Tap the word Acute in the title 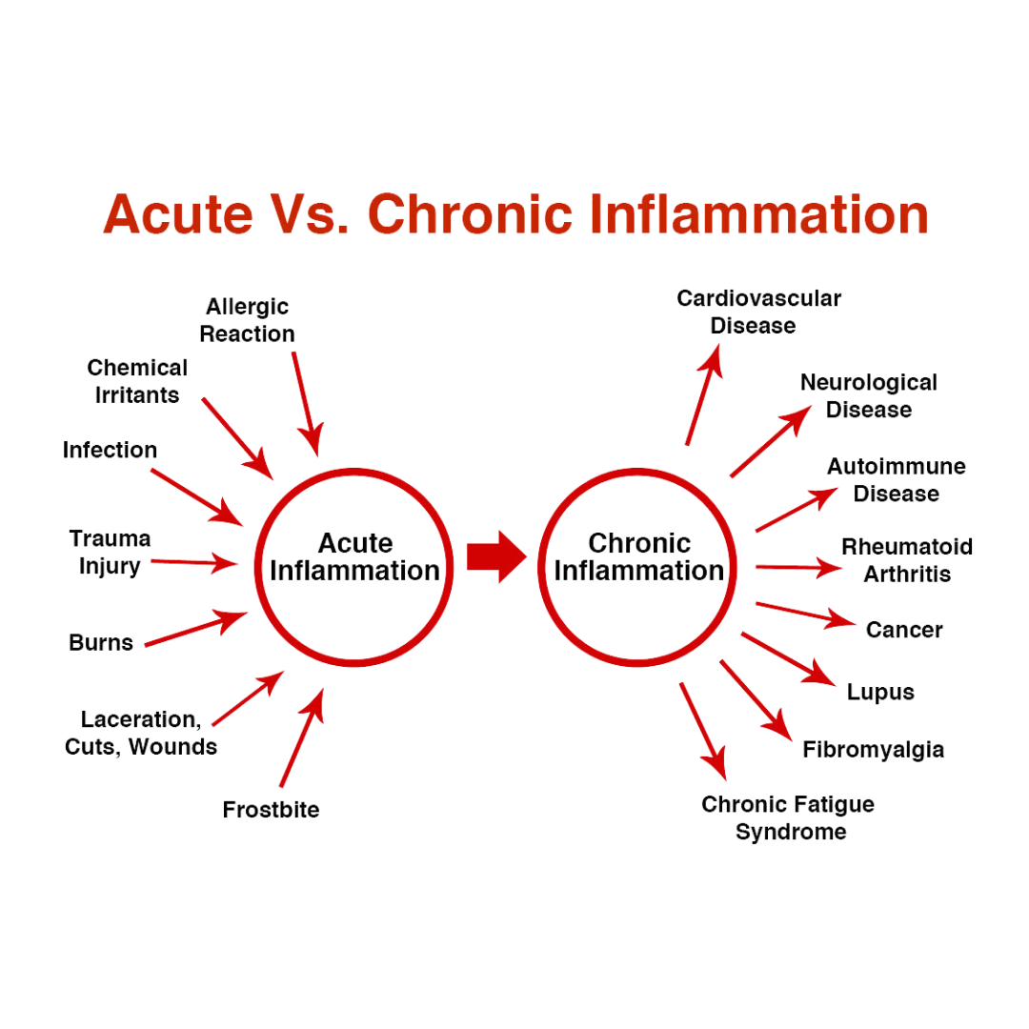(x=178, y=214)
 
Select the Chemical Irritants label (x=137, y=380)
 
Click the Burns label (x=101, y=642)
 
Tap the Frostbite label (x=272, y=811)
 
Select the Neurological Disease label (x=869, y=395)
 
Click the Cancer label (x=904, y=630)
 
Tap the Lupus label (x=880, y=691)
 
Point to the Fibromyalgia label (x=874, y=750)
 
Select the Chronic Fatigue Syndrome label (x=789, y=818)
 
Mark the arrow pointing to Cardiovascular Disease (x=703, y=392)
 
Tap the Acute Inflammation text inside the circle (x=354, y=557)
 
